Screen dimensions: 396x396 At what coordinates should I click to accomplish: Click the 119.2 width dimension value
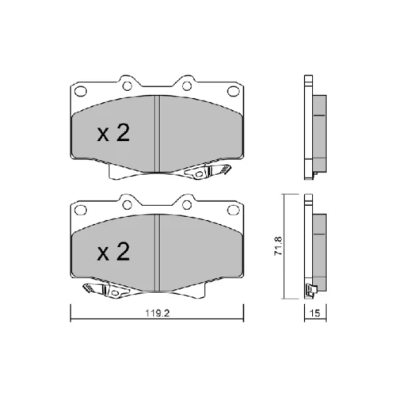[158, 314]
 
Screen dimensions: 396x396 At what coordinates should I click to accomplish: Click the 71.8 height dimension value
[278, 246]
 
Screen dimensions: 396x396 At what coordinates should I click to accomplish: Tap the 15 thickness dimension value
[315, 314]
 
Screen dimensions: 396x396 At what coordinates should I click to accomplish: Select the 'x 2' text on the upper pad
[113, 133]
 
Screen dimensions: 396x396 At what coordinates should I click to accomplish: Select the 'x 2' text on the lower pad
[113, 252]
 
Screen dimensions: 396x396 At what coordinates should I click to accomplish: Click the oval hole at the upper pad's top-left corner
[81, 91]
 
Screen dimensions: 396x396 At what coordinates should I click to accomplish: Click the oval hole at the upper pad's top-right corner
[233, 91]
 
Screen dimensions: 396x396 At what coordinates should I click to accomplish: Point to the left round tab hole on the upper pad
[128, 86]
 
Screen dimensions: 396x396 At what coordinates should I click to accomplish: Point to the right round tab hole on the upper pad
[187, 86]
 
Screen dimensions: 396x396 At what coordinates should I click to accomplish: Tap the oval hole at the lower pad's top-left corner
[81, 210]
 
